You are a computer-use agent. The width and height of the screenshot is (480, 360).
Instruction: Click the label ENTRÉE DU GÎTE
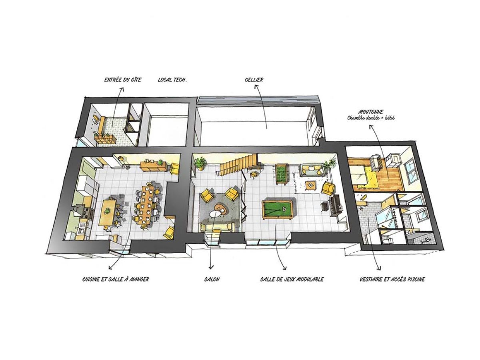click(122, 80)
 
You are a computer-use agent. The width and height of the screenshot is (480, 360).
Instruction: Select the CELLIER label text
click(254, 80)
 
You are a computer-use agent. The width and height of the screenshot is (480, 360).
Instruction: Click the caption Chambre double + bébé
click(371, 118)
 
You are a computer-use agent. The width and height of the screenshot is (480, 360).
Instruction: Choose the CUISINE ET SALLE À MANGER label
click(116, 279)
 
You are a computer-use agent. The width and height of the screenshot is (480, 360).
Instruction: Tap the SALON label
click(212, 279)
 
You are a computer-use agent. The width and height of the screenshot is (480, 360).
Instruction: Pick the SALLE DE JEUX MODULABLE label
click(292, 279)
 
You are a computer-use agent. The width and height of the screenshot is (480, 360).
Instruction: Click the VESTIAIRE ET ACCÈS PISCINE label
click(392, 279)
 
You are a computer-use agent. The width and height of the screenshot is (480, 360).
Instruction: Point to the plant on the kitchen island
click(107, 211)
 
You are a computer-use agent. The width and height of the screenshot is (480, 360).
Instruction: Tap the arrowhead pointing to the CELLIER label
click(256, 87)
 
